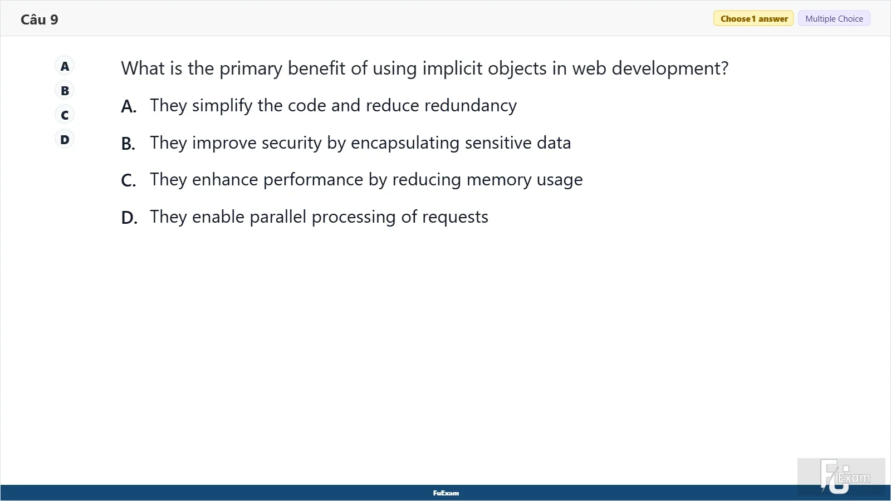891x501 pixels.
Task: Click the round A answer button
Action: point(65,66)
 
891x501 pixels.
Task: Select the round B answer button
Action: point(65,91)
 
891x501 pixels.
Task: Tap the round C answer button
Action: point(65,115)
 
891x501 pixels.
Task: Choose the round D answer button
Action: point(65,140)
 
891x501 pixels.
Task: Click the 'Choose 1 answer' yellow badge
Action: point(753,19)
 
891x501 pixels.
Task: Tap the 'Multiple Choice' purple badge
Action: point(834,19)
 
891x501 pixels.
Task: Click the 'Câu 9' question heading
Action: point(40,19)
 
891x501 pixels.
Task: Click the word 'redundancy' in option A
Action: point(471,105)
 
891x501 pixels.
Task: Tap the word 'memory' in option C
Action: point(499,180)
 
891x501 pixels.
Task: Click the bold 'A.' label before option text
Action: point(129,106)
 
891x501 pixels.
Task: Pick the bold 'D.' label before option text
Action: point(129,218)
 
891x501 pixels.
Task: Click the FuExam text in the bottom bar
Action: point(446,493)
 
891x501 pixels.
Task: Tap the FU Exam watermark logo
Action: point(845,476)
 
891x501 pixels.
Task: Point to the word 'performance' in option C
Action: point(313,180)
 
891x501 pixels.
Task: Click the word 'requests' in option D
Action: point(455,217)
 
